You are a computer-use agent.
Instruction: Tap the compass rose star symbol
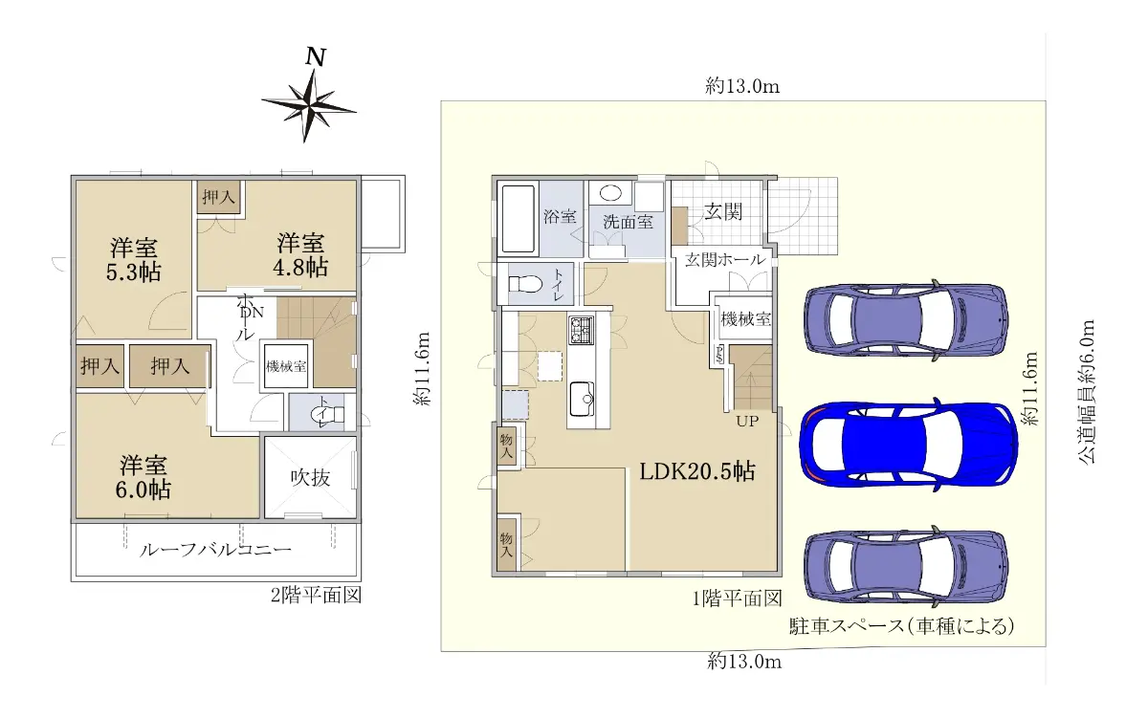tap(309, 106)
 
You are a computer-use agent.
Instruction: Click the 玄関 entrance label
tap(723, 211)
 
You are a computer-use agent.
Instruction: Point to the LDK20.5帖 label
tap(697, 471)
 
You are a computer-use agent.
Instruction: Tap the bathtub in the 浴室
tap(519, 219)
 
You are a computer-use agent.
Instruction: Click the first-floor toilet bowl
tap(526, 283)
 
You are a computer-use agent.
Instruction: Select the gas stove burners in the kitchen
tap(582, 330)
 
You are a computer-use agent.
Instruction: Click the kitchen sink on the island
tap(582, 399)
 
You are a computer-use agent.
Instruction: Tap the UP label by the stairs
tap(747, 422)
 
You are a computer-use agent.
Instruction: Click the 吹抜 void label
tap(311, 478)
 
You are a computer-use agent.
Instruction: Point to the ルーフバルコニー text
tap(215, 550)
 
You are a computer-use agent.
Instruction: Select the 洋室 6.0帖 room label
tap(143, 477)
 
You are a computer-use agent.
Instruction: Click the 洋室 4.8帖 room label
tap(300, 255)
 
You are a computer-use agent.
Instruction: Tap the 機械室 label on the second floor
tap(286, 367)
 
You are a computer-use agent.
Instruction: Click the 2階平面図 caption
tap(317, 595)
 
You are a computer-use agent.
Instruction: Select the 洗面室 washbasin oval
tap(610, 193)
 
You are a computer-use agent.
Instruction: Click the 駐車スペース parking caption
tap(901, 626)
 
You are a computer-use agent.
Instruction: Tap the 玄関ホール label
tap(725, 260)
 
